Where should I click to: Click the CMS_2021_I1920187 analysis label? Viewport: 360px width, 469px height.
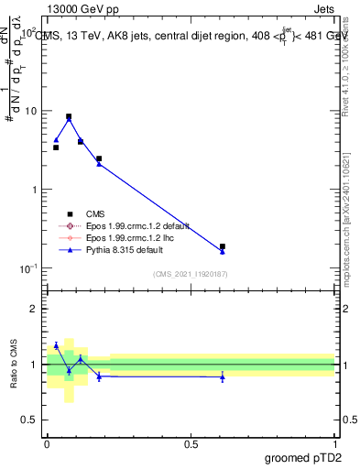190,274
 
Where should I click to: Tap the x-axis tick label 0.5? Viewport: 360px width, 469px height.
191,442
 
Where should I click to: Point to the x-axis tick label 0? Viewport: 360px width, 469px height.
47,442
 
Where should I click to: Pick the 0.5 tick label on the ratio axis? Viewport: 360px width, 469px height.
28,420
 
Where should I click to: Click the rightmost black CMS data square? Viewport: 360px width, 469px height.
222,246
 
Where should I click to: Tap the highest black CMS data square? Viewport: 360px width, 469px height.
69,116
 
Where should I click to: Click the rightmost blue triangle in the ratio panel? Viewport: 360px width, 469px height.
222,377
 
